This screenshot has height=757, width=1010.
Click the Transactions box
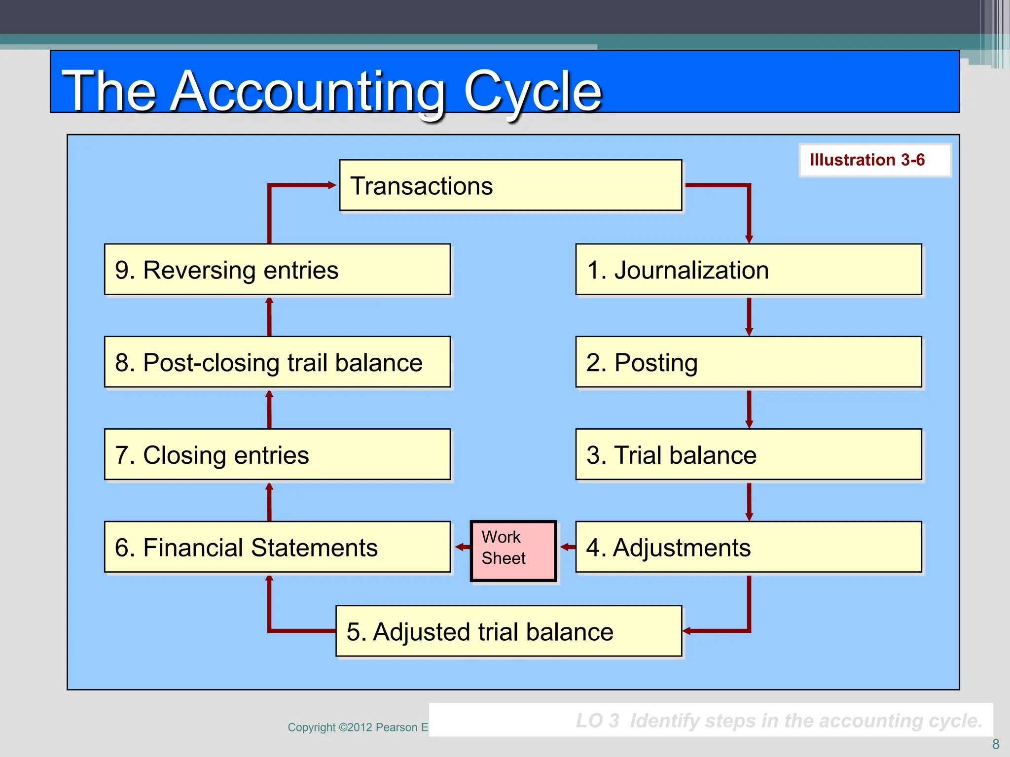pos(510,185)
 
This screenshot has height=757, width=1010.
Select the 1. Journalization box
pos(748,270)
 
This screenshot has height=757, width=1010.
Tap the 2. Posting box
pos(748,362)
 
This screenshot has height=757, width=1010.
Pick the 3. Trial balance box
pos(748,454)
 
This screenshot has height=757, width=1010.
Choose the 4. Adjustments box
pos(748,547)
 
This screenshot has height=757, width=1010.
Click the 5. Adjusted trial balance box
pos(508,631)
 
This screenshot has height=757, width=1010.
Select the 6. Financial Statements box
pos(277,547)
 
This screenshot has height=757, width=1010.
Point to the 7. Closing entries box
pos(277,454)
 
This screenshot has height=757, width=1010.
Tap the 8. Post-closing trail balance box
pos(277,362)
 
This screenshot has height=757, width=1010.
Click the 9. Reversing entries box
pos(277,270)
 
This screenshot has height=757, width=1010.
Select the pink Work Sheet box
pos(513,551)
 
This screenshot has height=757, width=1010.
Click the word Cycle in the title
pos(532,91)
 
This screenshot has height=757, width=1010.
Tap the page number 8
pos(995,744)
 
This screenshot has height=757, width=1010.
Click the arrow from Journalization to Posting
pos(749,316)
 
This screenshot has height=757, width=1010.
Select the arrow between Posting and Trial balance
pos(749,409)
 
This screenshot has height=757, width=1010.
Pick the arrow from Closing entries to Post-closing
pos(269,409)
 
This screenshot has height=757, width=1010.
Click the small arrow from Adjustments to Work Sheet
pos(568,547)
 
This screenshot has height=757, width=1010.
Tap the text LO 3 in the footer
pos(597,721)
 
